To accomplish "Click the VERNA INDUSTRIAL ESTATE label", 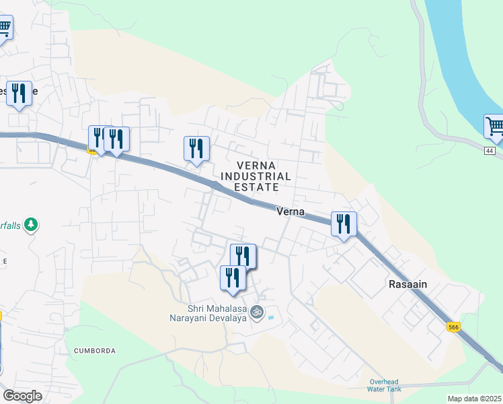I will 264,176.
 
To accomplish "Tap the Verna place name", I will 291,211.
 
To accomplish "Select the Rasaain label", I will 408,284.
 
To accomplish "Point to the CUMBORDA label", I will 95,351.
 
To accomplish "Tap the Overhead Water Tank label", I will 384,385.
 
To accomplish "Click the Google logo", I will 22,396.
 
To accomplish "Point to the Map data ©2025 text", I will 474,399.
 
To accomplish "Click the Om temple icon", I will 256,312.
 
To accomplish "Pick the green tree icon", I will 30,224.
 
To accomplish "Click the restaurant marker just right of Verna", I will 344,224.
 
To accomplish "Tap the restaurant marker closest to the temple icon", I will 233,277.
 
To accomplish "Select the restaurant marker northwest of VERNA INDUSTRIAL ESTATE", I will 196,148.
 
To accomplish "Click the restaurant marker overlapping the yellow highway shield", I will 98,138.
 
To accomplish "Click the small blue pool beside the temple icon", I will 271,317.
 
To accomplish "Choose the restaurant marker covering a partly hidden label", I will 19,94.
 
